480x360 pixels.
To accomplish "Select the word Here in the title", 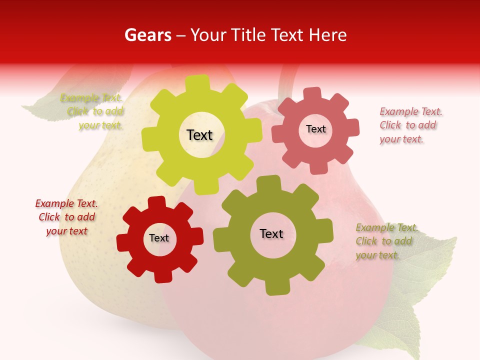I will pos(328,35).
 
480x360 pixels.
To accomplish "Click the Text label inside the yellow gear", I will pos(199,135).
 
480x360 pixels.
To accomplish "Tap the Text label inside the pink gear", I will pos(315,129).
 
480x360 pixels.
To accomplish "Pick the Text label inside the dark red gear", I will pos(159,238).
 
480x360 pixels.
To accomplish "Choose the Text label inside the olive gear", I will pos(271,233).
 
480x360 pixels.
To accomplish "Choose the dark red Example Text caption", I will pos(66,217).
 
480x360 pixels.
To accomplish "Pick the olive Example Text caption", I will pos(385,241).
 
